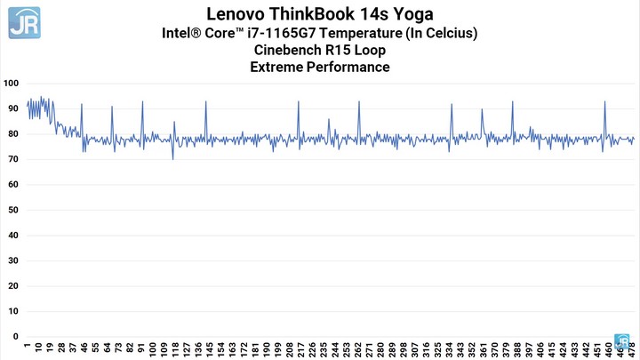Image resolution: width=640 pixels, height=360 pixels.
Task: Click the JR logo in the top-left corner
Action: coord(24,22)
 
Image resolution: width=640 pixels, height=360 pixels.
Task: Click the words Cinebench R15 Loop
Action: coord(320,50)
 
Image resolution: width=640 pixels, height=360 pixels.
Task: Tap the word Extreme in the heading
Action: coord(279,67)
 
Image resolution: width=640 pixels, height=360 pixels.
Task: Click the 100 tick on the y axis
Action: coord(12,84)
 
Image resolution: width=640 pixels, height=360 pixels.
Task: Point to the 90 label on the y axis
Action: coord(13,108)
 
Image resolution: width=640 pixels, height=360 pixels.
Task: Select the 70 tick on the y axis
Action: coord(13,160)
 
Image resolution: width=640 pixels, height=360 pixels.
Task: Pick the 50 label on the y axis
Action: coord(13,211)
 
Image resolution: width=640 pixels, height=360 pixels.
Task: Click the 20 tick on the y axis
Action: coord(13,286)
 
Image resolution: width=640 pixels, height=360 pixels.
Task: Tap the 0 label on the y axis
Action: coord(16,337)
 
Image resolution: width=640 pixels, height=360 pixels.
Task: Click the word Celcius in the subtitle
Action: coord(452,33)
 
